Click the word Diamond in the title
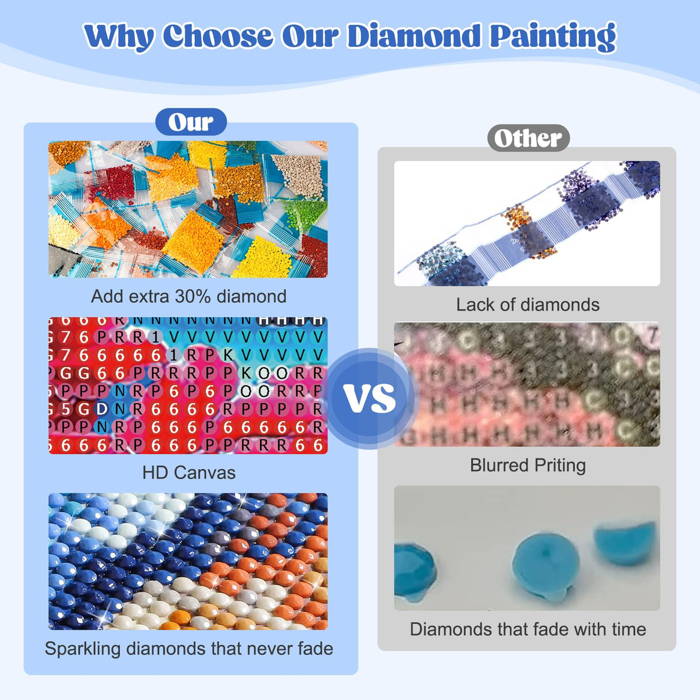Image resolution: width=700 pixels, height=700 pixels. click(413, 36)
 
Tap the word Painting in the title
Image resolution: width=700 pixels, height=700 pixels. click(552, 37)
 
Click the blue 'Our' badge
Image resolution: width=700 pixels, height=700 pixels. click(191, 122)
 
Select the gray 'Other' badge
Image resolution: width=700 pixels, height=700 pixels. click(528, 138)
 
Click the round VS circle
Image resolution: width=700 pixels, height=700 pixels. click(370, 398)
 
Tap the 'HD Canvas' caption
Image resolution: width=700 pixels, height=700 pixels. click(189, 473)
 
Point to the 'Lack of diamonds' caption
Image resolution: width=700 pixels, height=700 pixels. click(528, 304)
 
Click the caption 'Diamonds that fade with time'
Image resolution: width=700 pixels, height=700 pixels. click(528, 629)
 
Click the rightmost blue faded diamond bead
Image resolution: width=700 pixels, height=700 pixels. click(626, 542)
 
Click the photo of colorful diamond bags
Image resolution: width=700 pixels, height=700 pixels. click(187, 209)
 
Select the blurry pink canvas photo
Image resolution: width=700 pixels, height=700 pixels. click(526, 385)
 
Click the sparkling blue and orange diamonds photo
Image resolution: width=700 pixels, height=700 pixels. click(187, 561)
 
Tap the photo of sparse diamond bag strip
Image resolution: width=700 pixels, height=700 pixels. click(526, 223)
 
